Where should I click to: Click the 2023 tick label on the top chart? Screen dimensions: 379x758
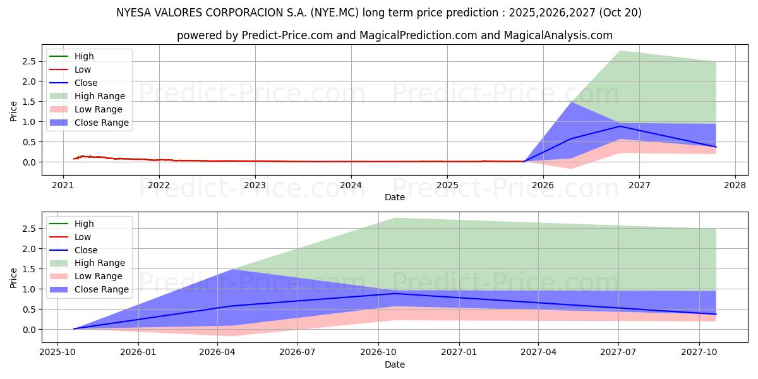pyautogui.click(x=255, y=185)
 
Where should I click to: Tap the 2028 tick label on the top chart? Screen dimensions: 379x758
pyautogui.click(x=735, y=185)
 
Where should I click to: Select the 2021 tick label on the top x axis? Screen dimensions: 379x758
pyautogui.click(x=63, y=185)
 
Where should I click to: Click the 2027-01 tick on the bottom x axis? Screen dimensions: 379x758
pyautogui.click(x=459, y=352)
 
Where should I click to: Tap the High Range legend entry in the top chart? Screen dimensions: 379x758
pyautogui.click(x=100, y=96)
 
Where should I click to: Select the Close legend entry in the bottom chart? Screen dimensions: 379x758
pyautogui.click(x=86, y=250)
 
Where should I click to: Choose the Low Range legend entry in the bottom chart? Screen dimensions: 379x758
pyautogui.click(x=99, y=277)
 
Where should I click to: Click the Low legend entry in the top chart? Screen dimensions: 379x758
pyautogui.click(x=83, y=69)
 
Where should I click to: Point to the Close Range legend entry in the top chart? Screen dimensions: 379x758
pyautogui.click(x=102, y=123)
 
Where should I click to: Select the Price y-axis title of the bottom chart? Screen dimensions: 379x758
pyautogui.click(x=14, y=277)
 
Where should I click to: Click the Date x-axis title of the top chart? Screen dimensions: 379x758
pyautogui.click(x=395, y=197)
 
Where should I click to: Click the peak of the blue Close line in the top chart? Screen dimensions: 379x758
pyautogui.click(x=620, y=126)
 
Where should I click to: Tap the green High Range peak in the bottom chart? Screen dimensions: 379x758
pyautogui.click(x=395, y=218)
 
